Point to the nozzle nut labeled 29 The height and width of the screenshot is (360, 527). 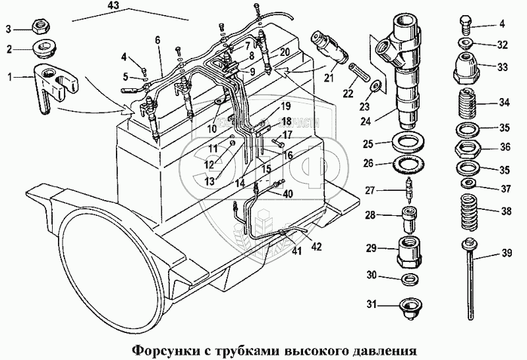410,249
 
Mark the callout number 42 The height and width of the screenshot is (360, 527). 316,247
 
